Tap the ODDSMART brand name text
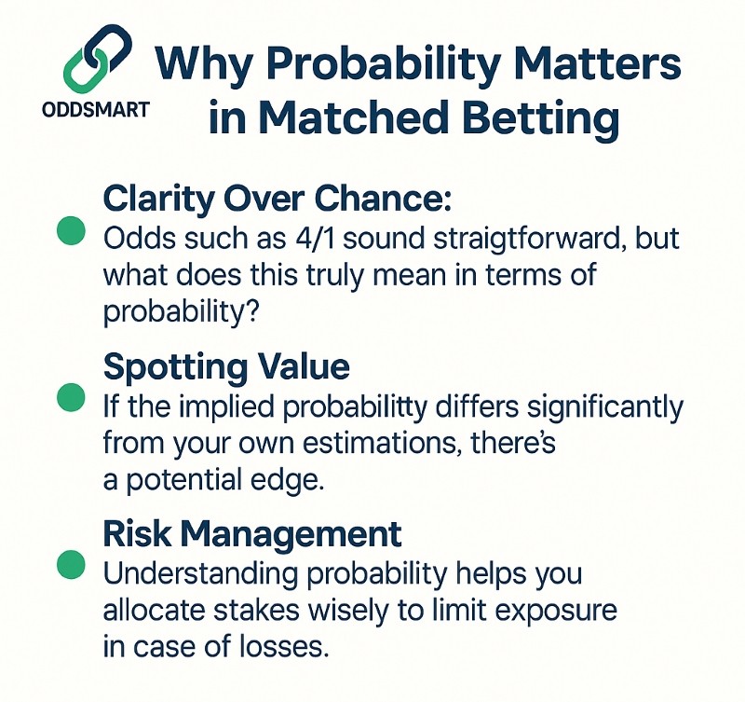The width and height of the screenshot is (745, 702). (x=96, y=110)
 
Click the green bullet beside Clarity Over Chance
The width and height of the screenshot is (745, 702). (x=71, y=230)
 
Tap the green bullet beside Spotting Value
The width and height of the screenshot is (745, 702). (x=71, y=397)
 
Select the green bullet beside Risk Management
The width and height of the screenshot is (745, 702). (x=71, y=565)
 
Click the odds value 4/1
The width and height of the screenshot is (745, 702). (x=314, y=238)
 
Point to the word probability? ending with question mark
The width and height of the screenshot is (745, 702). (x=181, y=313)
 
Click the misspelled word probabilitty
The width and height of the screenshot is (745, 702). (x=355, y=408)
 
